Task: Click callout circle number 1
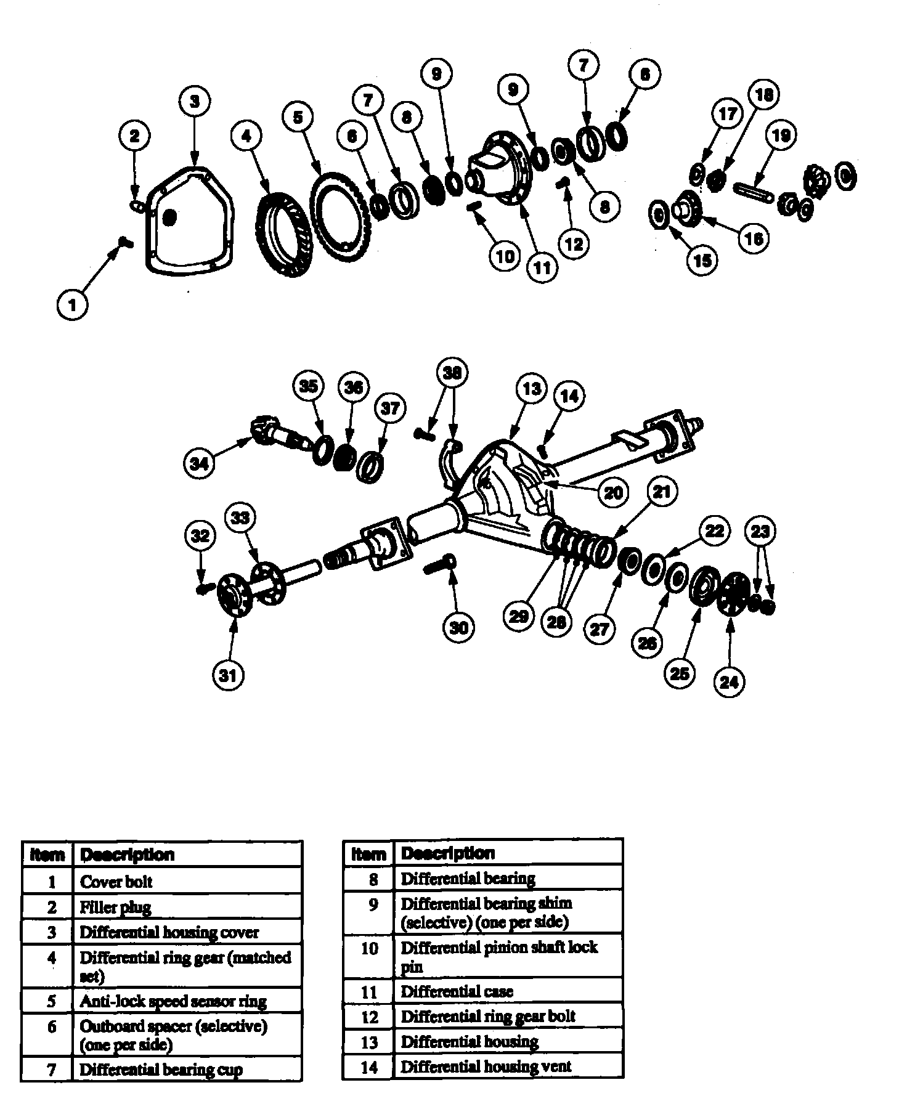pyautogui.click(x=73, y=304)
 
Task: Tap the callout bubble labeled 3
pyautogui.click(x=195, y=101)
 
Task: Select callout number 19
pyautogui.click(x=781, y=135)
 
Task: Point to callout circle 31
pyautogui.click(x=228, y=675)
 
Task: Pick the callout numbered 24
pyautogui.click(x=729, y=681)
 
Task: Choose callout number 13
pyautogui.click(x=531, y=388)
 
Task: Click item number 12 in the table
pyautogui.click(x=369, y=1017)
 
